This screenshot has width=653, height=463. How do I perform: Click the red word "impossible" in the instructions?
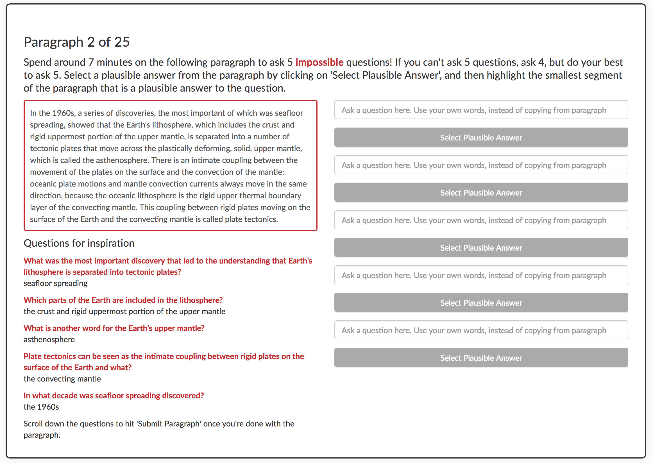[319, 62]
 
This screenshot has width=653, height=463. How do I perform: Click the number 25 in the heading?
[122, 42]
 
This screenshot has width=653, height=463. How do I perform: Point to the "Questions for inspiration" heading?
[79, 243]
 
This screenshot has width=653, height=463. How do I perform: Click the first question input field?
[481, 110]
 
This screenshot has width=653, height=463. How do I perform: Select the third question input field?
[481, 220]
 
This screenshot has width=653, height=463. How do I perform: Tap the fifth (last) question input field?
[481, 330]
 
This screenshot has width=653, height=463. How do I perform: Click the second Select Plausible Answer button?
[481, 193]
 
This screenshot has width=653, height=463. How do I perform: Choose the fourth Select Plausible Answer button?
[481, 303]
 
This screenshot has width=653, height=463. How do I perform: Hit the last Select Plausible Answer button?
[481, 358]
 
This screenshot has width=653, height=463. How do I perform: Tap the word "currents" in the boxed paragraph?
[203, 184]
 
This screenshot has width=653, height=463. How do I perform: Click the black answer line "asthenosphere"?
[49, 340]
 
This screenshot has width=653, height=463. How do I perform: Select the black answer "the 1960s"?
[41, 407]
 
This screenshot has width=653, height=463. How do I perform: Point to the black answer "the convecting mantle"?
[62, 379]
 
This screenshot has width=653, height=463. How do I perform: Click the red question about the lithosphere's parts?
[123, 300]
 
